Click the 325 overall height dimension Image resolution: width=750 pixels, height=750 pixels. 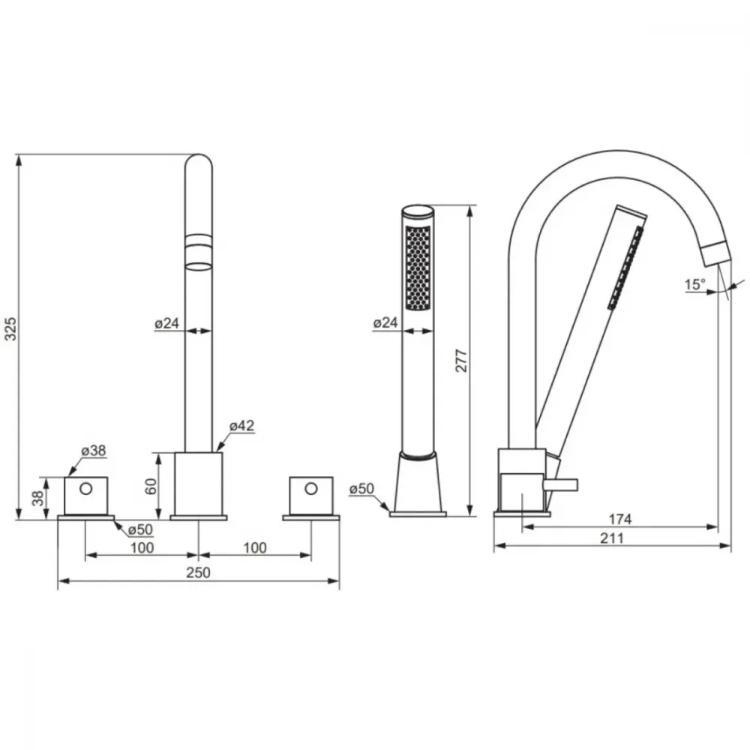coord(10,328)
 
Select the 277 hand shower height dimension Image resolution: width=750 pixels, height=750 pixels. coord(460,361)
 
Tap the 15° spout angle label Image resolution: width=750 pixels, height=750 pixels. coord(695,284)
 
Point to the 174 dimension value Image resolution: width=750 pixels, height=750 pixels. coord(620,519)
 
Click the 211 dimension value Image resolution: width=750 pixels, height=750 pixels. coord(612,538)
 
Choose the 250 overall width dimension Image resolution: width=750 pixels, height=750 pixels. coord(198,572)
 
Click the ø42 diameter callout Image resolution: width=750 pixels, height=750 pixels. coord(242,425)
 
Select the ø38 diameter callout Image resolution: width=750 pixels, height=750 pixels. coord(94,451)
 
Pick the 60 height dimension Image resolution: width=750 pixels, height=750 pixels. coord(151,487)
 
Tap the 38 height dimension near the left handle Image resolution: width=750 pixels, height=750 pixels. coord(37,499)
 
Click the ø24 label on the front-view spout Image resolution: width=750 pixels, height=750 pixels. coord(167,323)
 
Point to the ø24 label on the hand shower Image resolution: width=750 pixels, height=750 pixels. coord(385,322)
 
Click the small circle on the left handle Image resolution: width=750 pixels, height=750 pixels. coord(86,489)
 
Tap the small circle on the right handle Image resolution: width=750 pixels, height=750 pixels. coord(311,489)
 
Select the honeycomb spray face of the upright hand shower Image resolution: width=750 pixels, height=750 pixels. coord(418,268)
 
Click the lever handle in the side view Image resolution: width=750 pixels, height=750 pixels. coord(560,485)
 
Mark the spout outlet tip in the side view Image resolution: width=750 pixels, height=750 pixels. coord(719,261)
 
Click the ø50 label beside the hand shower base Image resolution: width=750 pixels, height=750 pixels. coord(361,489)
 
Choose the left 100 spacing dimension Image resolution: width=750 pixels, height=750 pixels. coord(142,547)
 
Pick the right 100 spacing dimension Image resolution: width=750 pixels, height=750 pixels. coord(255,547)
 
